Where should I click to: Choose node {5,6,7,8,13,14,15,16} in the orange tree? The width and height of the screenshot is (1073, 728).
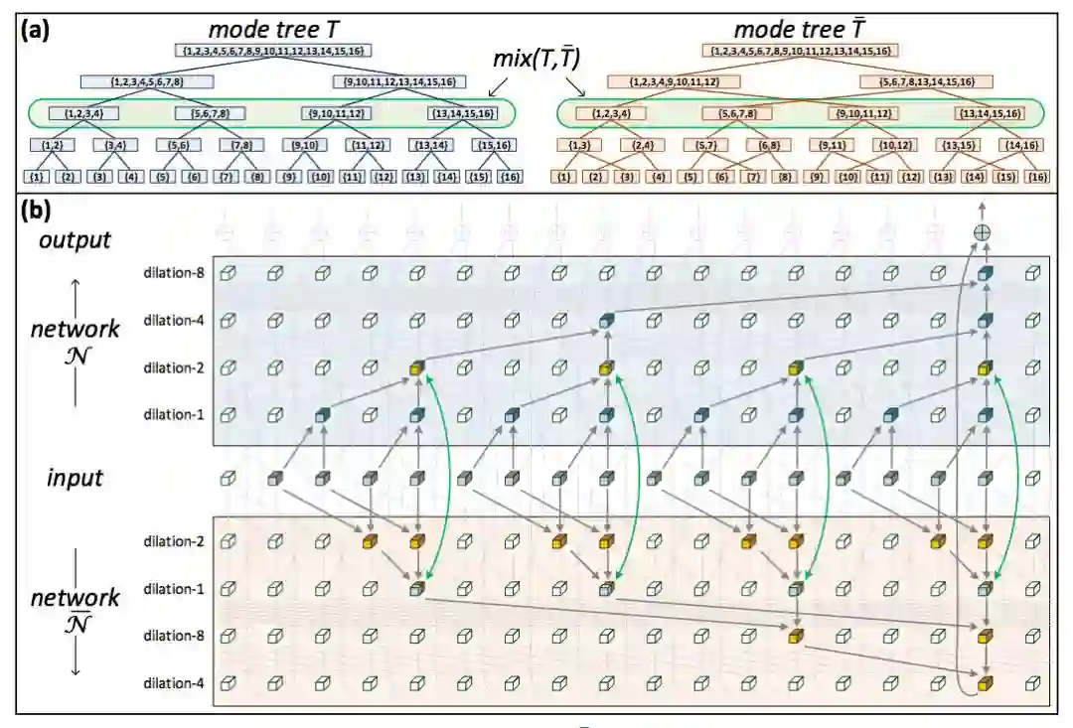927,81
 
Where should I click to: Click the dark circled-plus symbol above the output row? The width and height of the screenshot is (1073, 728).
984,231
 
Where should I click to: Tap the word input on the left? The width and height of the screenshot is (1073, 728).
76,479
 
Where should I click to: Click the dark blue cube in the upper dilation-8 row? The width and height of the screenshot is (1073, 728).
985,273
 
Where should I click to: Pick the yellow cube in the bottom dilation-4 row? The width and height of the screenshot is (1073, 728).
985,683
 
